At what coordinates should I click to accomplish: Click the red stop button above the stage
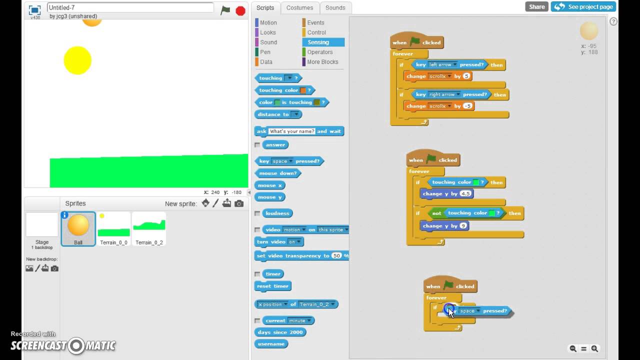pos(240,10)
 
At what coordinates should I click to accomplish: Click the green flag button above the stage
pos(225,10)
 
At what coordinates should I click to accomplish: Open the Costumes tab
pos(299,7)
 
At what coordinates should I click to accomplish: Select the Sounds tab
pos(335,7)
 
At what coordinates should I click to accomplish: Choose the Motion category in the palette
pos(268,22)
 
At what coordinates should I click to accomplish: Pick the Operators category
pos(319,52)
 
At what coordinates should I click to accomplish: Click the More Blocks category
pos(322,62)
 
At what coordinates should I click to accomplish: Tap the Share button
pos(536,6)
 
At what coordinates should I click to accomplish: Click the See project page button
pos(583,6)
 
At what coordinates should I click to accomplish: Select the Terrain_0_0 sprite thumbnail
pos(113,227)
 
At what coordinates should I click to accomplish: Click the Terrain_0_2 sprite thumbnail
pos(149,227)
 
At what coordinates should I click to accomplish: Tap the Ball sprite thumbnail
pos(78,227)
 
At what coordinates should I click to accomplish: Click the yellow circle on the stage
pos(77,60)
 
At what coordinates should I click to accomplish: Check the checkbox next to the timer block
pos(257,274)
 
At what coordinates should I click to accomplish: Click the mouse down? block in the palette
pos(277,173)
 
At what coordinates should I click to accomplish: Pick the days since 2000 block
pos(280,332)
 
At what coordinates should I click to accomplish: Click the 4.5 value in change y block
pos(465,194)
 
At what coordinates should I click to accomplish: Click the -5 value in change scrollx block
pos(467,106)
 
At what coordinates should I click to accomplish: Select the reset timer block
pos(272,286)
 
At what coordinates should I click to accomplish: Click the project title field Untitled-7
pos(130,7)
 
